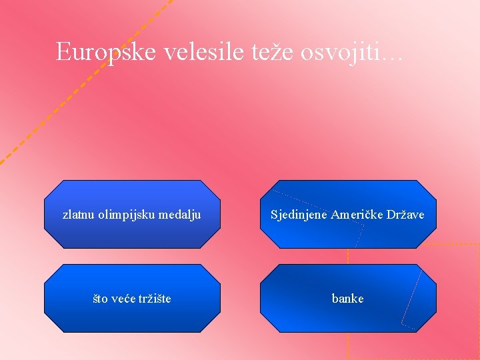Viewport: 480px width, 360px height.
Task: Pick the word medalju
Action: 179,215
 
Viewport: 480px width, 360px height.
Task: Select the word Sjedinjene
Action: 299,215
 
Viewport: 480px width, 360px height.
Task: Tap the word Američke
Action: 358,215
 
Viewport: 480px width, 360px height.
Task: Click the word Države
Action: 407,215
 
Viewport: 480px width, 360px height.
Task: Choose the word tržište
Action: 155,299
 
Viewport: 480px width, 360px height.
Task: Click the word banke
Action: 348,299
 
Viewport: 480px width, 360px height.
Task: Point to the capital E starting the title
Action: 63,51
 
